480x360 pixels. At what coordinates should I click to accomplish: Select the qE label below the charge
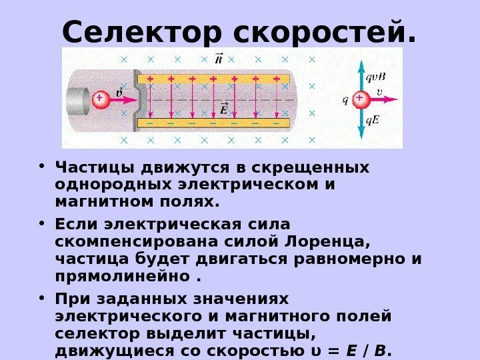tap(373, 121)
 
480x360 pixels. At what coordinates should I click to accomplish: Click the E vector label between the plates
tap(224, 108)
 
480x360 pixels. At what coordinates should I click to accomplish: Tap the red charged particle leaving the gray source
tap(100, 100)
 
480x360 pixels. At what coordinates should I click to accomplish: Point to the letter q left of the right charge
tap(345, 101)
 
